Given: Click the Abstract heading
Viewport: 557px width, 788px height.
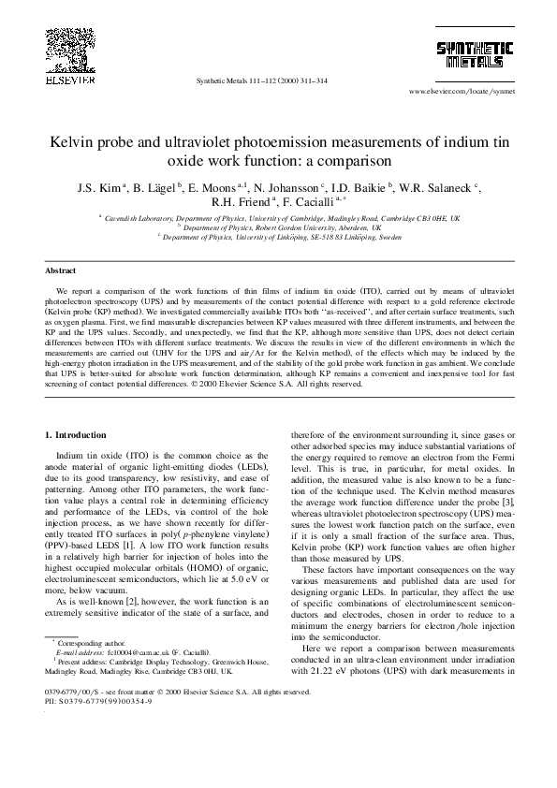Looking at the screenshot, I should tap(61, 270).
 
